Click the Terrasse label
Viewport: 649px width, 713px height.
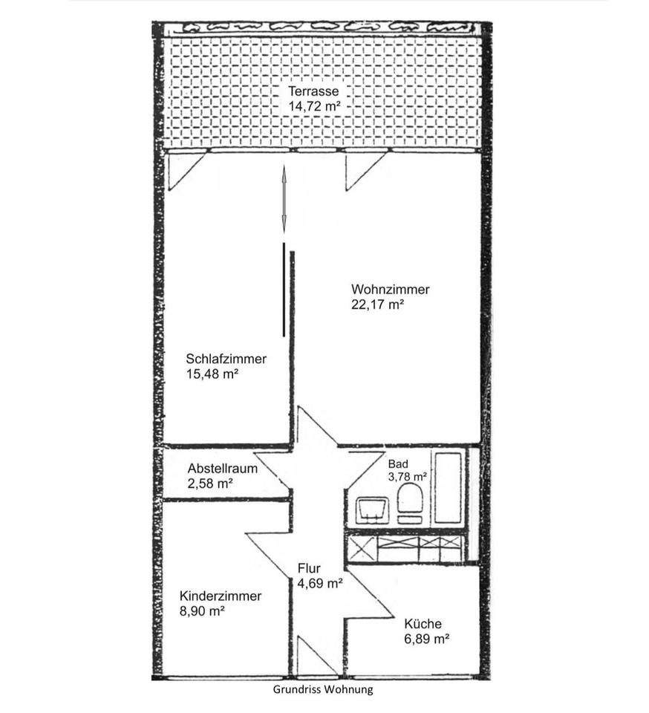tap(313, 91)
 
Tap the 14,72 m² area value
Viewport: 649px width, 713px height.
tap(315, 106)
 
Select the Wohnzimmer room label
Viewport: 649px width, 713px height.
tap(391, 290)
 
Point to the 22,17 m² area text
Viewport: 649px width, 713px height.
tap(378, 305)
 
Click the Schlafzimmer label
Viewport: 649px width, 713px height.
tap(226, 359)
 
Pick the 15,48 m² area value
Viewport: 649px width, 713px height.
tap(212, 374)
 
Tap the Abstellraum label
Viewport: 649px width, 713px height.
tap(223, 469)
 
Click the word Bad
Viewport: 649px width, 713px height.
tap(398, 464)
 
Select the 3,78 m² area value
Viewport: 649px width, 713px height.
tap(407, 477)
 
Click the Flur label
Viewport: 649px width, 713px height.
tap(309, 568)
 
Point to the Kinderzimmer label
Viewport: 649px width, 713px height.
tap(221, 596)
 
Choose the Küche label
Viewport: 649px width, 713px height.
tap(423, 623)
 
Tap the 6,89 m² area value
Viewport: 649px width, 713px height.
tap(427, 639)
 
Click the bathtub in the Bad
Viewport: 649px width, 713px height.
tap(448, 487)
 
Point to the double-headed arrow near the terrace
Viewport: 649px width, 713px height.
tap(284, 200)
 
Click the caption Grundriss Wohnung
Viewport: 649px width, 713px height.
tap(323, 689)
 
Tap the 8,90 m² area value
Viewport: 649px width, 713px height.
tap(202, 611)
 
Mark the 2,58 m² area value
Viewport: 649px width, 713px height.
tap(210, 484)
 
